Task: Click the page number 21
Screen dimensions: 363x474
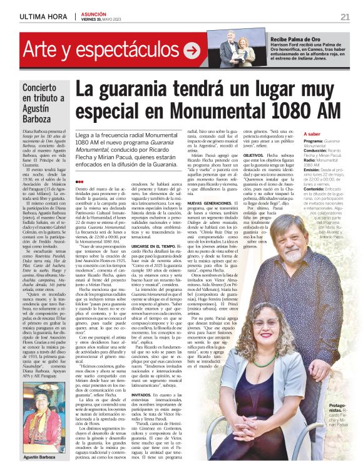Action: click(345, 16)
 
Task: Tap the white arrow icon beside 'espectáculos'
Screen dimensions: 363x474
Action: click(192, 51)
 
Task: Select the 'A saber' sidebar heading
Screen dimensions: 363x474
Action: click(312, 134)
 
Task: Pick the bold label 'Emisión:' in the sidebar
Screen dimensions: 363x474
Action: click(315, 170)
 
